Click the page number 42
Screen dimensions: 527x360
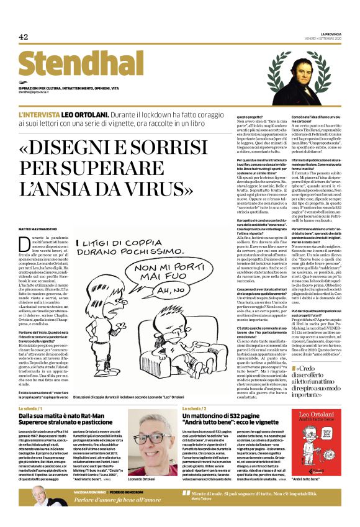(24, 37)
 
